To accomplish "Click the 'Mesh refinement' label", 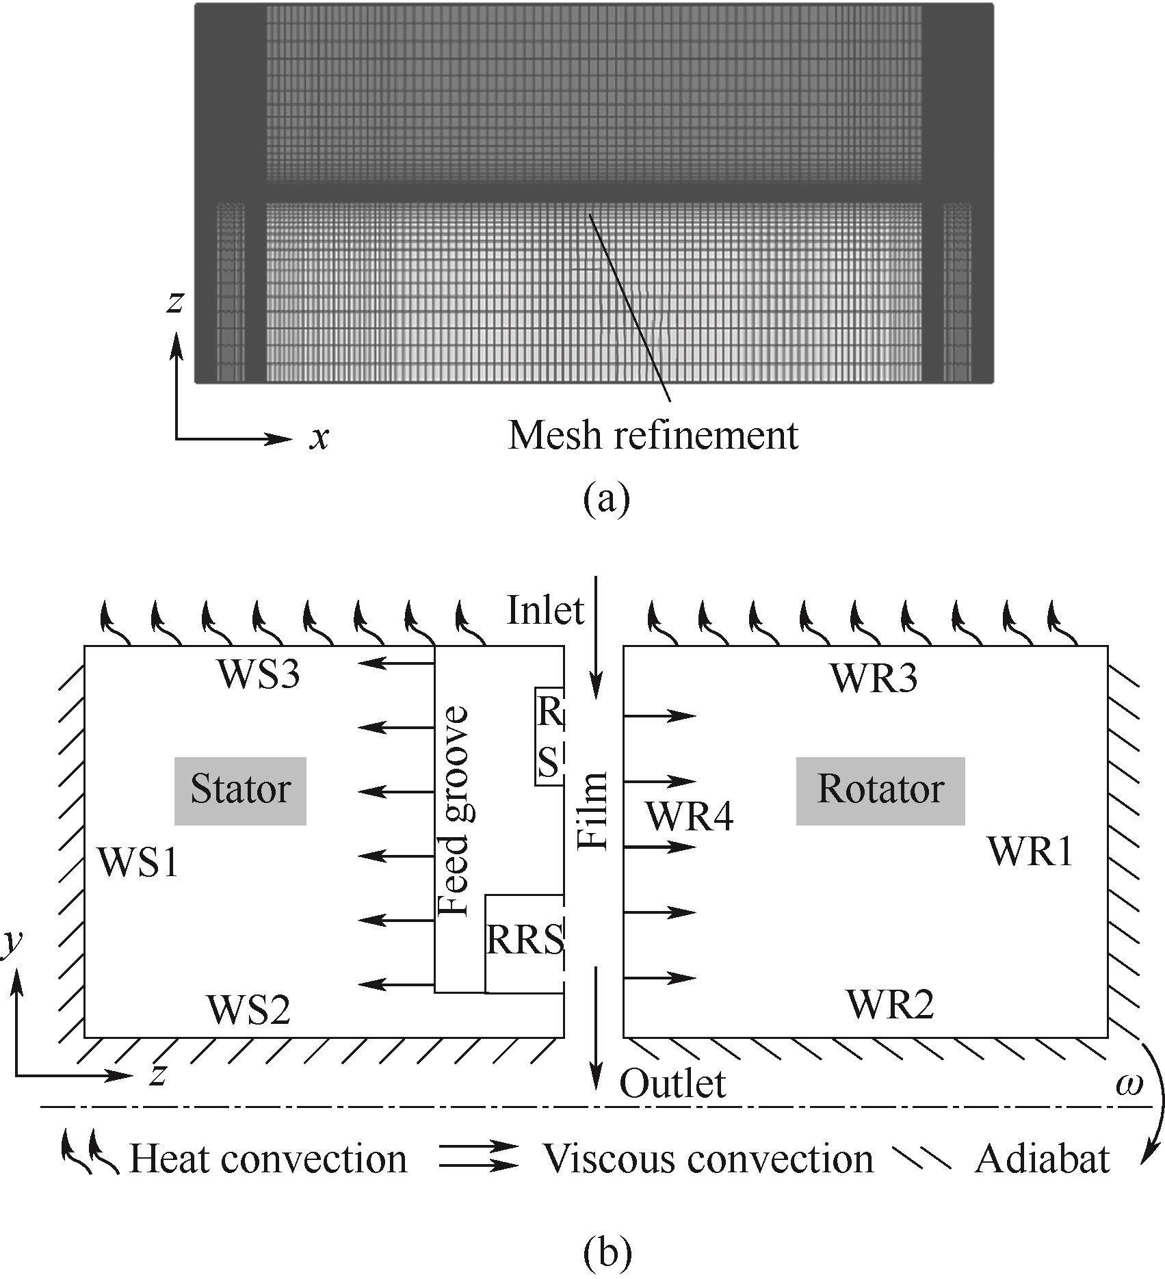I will [653, 435].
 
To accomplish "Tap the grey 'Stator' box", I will [240, 790].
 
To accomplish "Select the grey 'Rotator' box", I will [880, 790].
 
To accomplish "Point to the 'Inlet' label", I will [545, 610].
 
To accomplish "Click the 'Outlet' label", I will [672, 1084].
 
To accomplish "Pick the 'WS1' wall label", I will [139, 862].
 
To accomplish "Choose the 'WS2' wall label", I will [248, 1010].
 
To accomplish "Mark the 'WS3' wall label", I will [259, 675].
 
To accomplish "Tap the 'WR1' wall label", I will [1030, 852].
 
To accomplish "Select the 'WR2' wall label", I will [890, 1004].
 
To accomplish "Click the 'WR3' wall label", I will [874, 678].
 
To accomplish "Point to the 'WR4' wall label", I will [690, 817].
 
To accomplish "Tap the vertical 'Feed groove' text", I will [454, 811].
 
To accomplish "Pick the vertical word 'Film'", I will [593, 811].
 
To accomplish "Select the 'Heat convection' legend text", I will [268, 1159].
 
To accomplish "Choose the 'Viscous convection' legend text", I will [708, 1159].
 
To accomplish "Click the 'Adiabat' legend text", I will [1042, 1159].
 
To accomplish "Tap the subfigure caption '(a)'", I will [606, 499].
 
